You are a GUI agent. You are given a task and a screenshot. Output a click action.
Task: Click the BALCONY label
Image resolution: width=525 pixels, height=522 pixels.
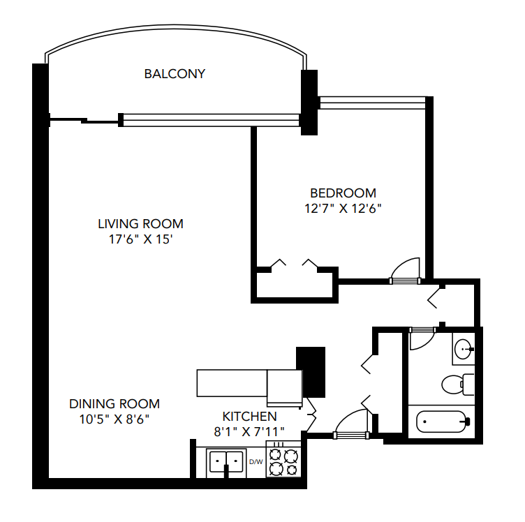point(175,73)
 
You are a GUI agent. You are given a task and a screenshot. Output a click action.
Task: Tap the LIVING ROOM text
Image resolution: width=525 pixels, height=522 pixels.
point(140,224)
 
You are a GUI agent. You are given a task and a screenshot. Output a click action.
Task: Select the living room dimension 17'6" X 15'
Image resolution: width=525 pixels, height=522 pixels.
point(140,239)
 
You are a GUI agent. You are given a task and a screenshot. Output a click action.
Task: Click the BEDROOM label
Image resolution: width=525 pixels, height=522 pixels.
point(343,193)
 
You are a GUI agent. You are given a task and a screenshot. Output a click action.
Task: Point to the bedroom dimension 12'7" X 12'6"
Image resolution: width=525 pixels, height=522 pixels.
point(343,208)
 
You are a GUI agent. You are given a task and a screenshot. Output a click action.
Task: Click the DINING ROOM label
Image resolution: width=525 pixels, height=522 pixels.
point(114,404)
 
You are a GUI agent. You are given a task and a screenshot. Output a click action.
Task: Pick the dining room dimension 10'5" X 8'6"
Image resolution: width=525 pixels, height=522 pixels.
point(114,419)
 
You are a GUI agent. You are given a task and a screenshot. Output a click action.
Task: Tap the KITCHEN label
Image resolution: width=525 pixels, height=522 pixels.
point(249,416)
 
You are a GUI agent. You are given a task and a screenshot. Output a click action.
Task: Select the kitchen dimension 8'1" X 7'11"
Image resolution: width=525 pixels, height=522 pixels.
point(249,431)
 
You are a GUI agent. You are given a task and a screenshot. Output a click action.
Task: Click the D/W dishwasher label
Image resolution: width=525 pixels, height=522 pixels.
point(256,461)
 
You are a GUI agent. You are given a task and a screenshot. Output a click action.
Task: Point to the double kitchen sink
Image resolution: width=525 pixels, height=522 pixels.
point(226,462)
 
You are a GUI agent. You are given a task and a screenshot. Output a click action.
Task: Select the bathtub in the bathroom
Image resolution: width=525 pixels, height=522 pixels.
point(442,422)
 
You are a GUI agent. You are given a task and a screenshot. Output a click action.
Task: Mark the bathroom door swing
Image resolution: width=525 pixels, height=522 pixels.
point(420,339)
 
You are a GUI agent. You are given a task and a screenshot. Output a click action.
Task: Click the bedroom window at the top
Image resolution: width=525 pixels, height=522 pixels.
point(372,103)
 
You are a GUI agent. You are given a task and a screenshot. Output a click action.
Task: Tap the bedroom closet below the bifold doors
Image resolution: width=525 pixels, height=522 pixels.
point(294,285)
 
